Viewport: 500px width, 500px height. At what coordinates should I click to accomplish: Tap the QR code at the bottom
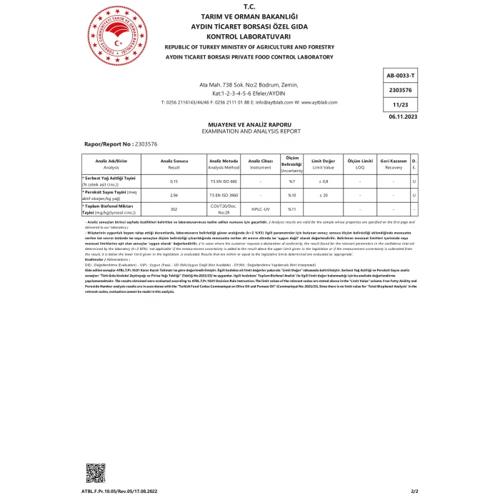95,473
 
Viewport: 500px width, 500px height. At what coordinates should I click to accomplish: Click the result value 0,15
173,181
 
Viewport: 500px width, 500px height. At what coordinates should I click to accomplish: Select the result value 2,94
173,194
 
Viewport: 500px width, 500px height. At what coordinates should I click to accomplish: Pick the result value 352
173,209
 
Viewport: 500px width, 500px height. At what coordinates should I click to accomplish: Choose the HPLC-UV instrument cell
260,209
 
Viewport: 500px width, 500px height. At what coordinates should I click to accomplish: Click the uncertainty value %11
291,209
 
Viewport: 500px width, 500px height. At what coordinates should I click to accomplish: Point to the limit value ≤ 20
324,194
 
